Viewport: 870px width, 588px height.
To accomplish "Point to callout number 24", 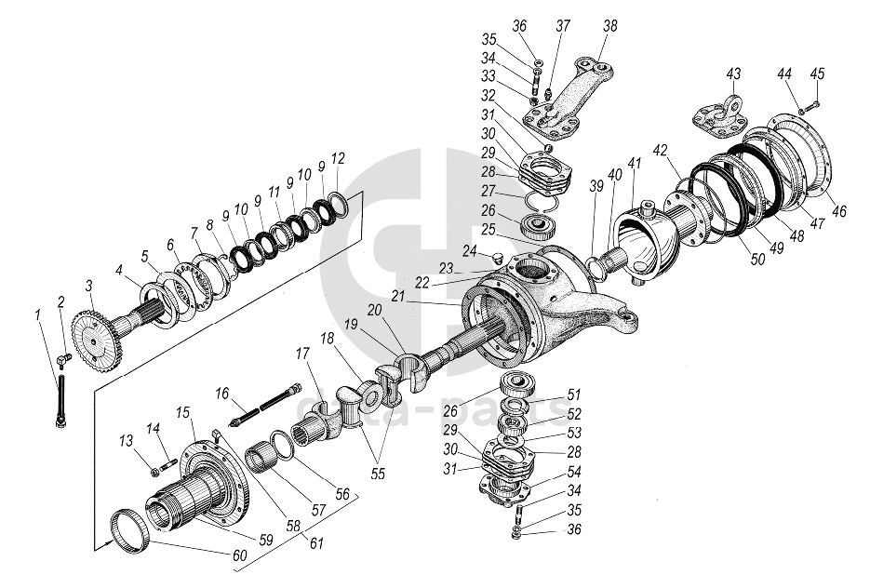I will point(470,250).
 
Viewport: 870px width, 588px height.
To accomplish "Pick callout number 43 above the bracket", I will point(733,73).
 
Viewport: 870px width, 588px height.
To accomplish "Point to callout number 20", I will point(374,309).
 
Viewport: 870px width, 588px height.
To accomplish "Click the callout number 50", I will point(758,260).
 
